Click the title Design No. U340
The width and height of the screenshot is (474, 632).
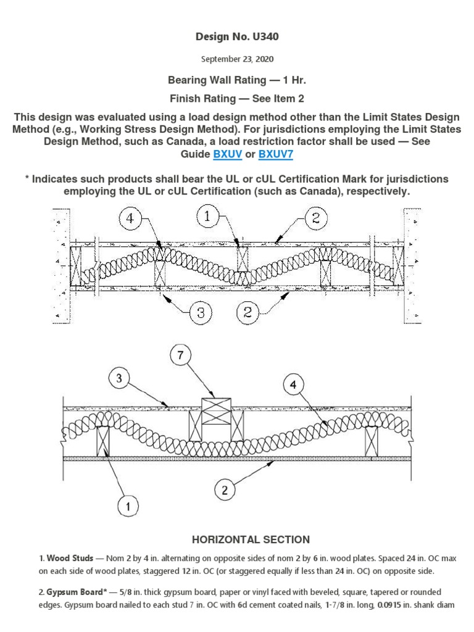click(x=237, y=37)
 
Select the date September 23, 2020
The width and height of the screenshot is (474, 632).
click(x=237, y=60)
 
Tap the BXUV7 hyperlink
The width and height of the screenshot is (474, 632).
click(x=275, y=154)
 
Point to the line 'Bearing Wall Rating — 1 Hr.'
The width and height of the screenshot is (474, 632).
click(x=237, y=81)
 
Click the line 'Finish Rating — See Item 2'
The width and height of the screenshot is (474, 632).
click(x=237, y=98)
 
